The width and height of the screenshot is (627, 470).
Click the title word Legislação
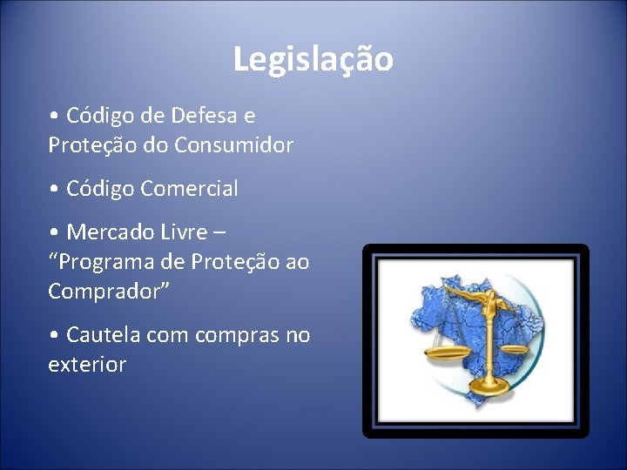coord(313,60)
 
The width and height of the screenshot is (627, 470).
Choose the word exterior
coord(87,364)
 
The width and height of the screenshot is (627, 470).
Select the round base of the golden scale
coord(491,383)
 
